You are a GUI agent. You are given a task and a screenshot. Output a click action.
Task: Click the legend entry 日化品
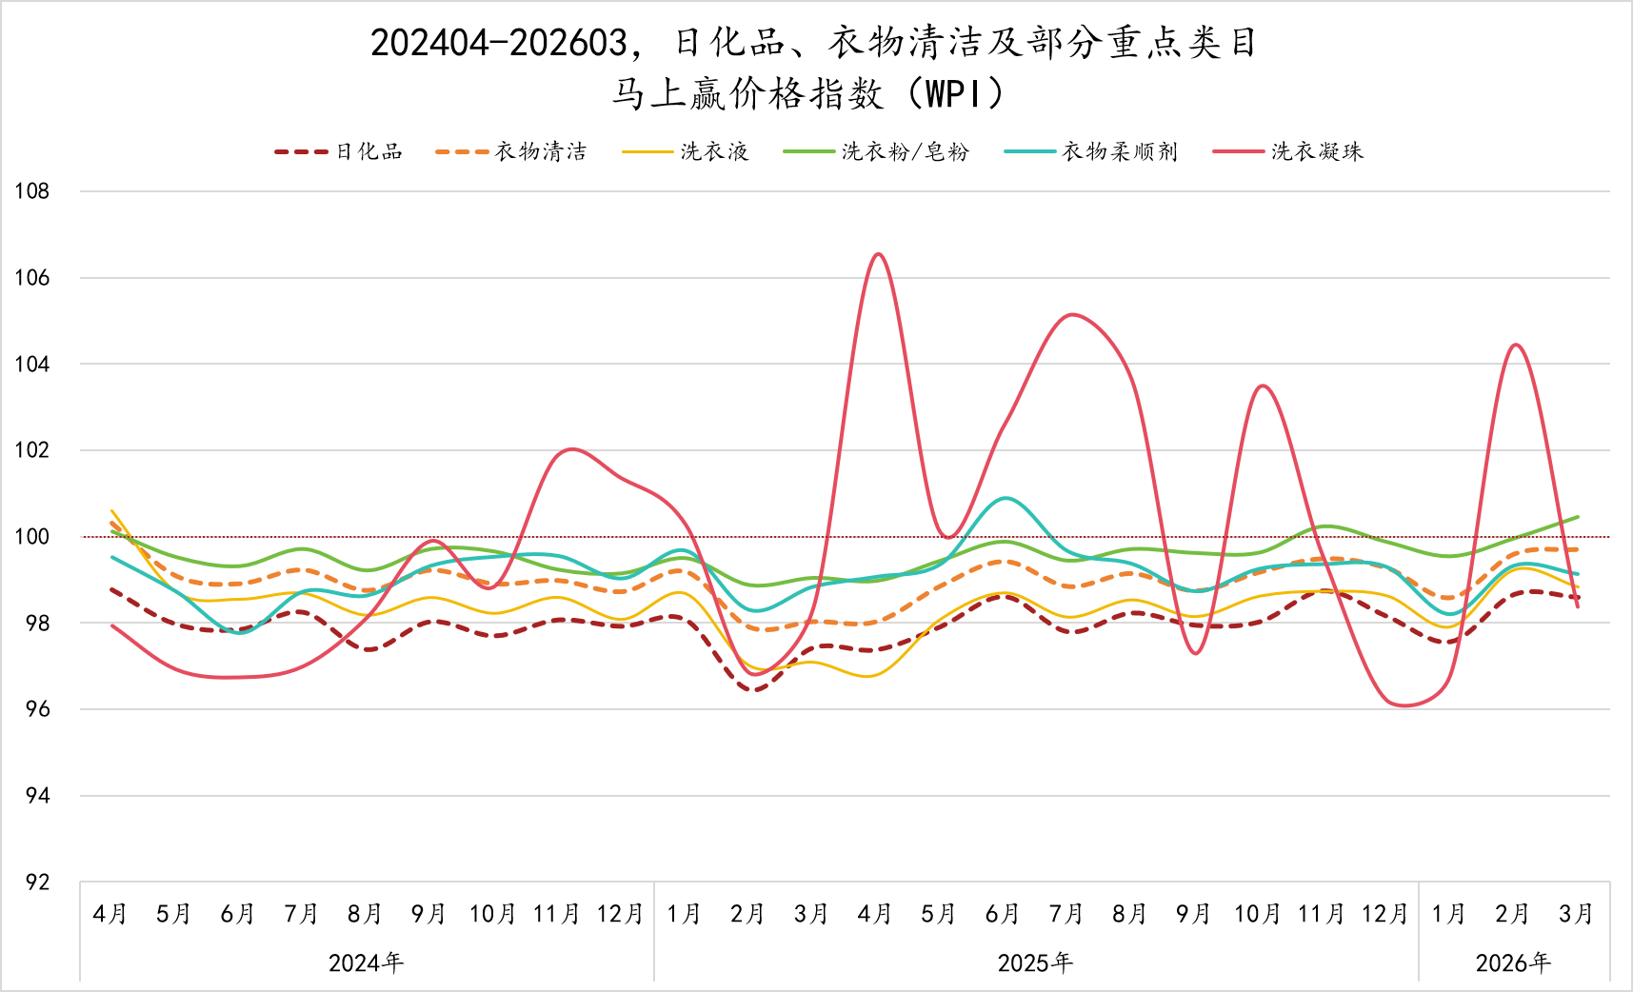(338, 151)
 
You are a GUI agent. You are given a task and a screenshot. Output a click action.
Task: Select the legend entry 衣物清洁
(510, 151)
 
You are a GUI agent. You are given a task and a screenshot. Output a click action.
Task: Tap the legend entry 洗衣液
(685, 151)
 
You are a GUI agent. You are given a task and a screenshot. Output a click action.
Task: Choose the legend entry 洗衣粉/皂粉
(876, 151)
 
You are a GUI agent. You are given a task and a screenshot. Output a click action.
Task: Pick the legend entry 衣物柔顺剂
(1091, 151)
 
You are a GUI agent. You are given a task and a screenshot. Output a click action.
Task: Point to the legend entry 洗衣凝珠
(1288, 151)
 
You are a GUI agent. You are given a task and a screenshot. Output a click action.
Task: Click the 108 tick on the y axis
(31, 191)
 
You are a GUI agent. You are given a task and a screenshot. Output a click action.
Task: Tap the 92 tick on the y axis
(37, 883)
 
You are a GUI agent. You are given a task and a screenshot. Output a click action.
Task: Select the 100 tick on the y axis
(31, 537)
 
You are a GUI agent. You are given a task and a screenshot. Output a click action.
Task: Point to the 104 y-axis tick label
(31, 364)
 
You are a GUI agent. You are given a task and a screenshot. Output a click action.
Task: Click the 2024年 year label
(367, 963)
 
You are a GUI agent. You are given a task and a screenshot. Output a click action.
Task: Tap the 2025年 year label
(1036, 963)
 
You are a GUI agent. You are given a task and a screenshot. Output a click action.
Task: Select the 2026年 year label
(1514, 963)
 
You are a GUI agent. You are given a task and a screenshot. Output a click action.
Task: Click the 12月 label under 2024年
(621, 914)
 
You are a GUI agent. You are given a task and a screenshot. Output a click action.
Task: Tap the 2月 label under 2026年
(1513, 914)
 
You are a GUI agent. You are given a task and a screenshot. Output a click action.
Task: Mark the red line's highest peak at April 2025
(877, 254)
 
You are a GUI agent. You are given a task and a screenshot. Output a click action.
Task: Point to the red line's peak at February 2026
(1515, 345)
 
